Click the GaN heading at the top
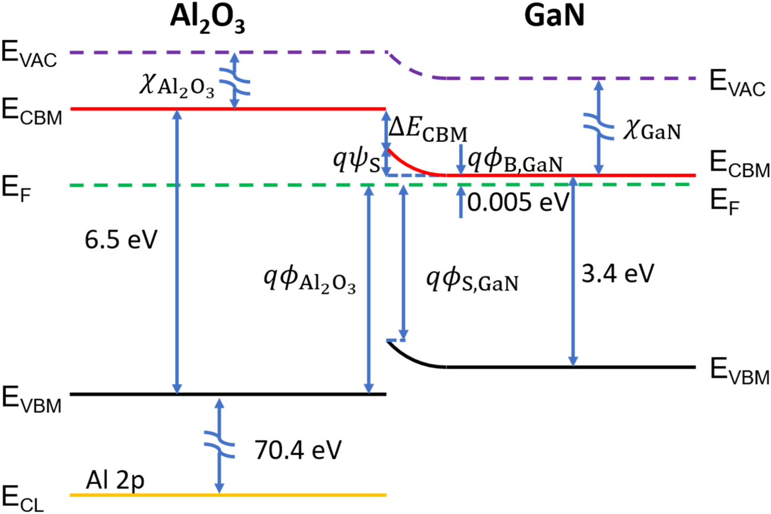pos(554,20)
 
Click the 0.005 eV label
pos(518,203)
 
